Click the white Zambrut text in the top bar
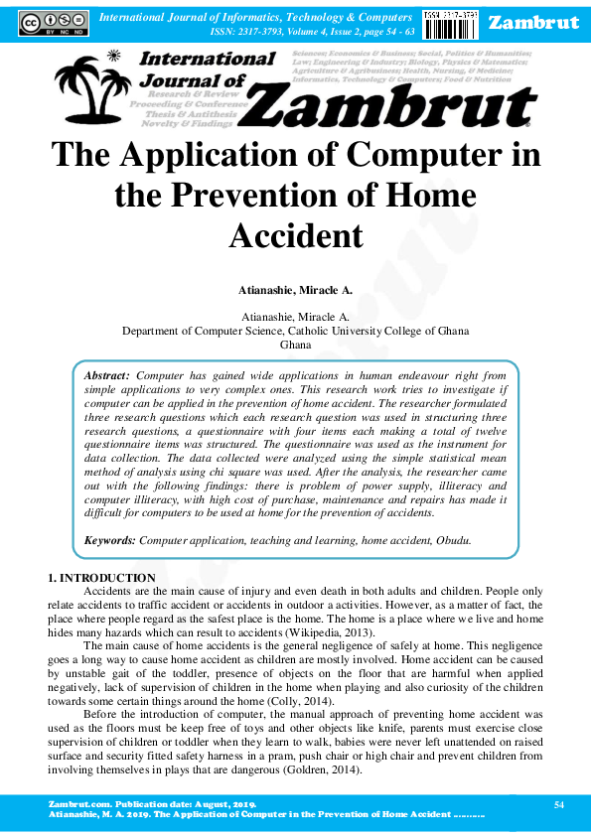(534, 23)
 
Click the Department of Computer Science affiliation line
(295, 331)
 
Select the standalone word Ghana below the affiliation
(295, 346)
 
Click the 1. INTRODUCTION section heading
(101, 578)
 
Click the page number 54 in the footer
(558, 802)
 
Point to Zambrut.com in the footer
(75, 802)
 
